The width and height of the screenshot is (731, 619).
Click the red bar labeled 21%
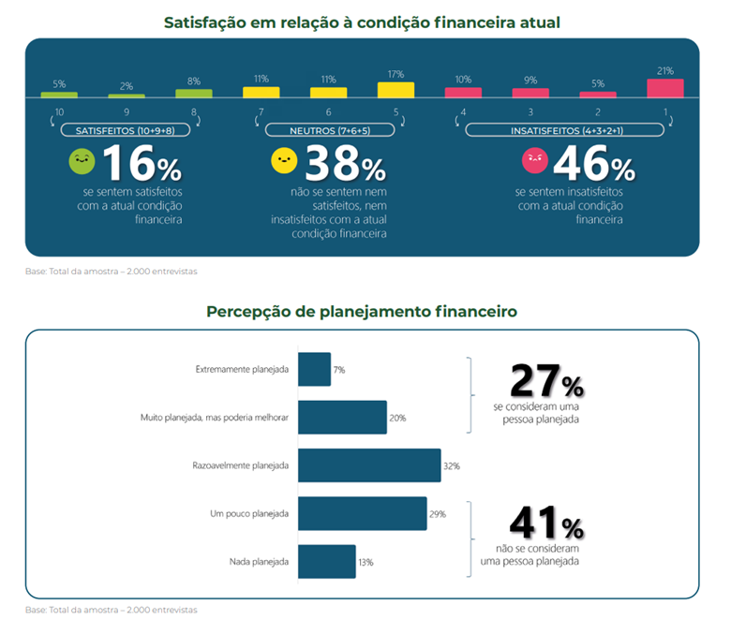[664, 88]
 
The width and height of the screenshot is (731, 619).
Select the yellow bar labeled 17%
[395, 90]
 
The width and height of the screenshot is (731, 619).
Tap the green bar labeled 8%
[194, 94]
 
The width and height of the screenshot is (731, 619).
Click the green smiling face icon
[82, 162]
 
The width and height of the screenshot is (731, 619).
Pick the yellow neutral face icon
[283, 161]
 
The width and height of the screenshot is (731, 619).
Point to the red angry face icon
[534, 161]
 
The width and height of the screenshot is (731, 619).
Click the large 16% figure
[142, 165]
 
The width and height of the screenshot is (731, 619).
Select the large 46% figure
[594, 165]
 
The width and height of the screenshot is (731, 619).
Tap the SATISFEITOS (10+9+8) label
[126, 130]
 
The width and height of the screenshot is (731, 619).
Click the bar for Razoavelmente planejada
[369, 465]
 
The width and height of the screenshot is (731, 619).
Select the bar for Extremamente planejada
[314, 369]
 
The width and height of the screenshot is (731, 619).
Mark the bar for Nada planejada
[326, 562]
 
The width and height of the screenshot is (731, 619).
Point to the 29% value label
[438, 514]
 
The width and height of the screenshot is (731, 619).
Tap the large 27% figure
[546, 381]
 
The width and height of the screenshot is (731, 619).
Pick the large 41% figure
[546, 523]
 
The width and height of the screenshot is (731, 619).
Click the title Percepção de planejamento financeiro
[362, 311]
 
